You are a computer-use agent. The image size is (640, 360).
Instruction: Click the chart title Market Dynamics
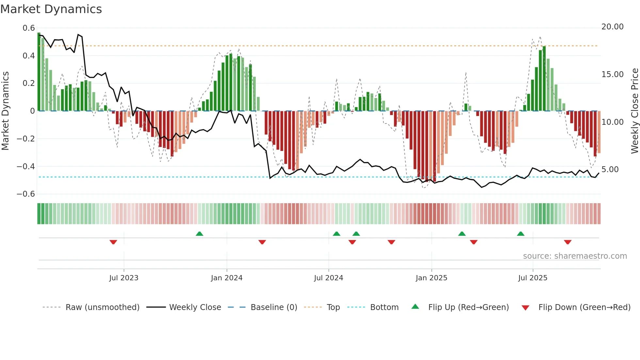(51, 9)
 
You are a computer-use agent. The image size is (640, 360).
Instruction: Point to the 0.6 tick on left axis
(29, 28)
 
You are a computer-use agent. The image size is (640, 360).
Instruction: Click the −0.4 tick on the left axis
(26, 167)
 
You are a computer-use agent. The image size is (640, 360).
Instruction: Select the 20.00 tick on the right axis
(612, 27)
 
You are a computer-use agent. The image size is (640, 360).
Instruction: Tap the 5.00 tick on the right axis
(612, 170)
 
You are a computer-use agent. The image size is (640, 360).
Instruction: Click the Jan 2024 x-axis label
(227, 278)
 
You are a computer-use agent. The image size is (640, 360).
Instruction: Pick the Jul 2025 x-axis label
(533, 278)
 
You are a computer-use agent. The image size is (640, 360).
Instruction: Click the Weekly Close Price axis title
(634, 111)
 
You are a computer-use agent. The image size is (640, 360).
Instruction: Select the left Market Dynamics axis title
(5, 111)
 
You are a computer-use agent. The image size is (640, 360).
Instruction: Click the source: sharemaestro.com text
(575, 256)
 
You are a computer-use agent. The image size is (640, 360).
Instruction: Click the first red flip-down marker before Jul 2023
(113, 242)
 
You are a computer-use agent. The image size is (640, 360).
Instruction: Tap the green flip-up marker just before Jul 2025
(520, 234)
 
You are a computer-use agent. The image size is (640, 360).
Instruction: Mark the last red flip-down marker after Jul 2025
(568, 242)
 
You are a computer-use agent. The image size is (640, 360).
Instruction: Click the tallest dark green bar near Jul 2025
(544, 78)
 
